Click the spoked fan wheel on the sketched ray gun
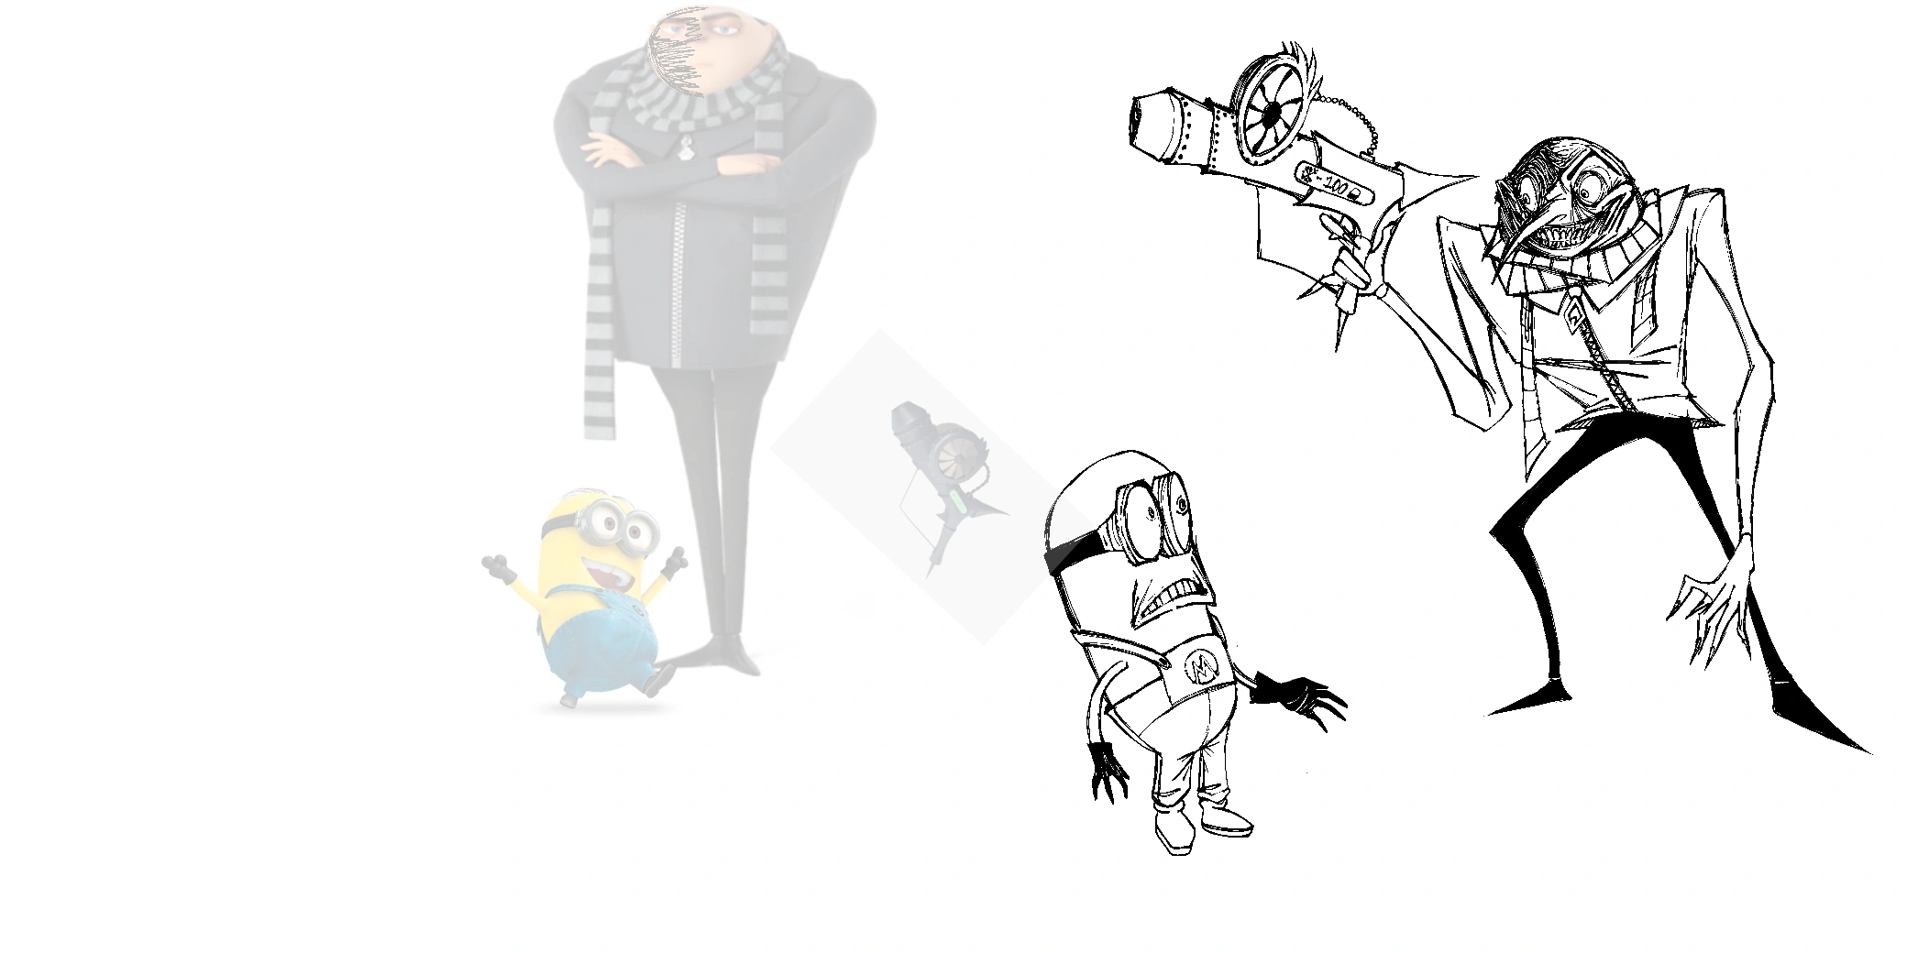[x=1273, y=112]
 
